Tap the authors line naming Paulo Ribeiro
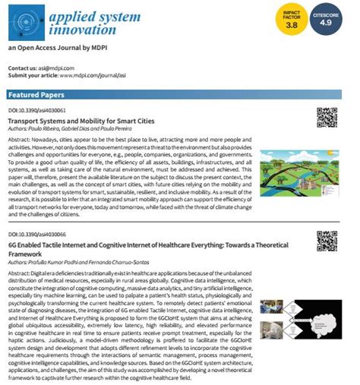tap(73, 128)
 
